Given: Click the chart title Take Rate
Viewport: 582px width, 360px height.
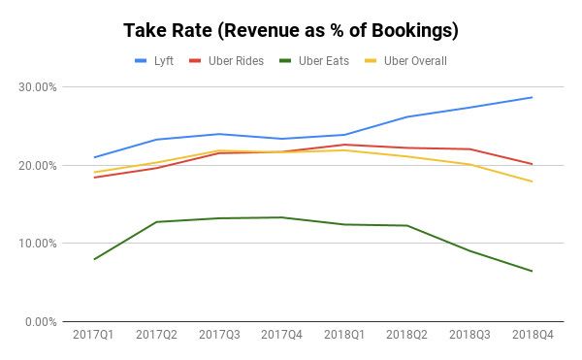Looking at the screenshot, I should point(290,30).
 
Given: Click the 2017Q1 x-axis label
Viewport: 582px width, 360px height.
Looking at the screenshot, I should point(93,336).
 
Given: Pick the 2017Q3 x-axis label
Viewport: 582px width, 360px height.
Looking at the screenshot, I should point(218,336).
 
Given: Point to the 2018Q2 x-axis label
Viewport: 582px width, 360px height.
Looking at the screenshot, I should point(406,336).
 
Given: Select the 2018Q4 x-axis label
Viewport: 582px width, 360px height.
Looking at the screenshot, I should point(532,336).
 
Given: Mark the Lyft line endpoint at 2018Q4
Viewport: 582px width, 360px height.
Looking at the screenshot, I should point(532,97).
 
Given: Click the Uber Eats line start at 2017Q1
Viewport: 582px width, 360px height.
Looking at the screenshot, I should point(93,259).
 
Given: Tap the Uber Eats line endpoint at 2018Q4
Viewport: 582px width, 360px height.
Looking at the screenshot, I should point(532,271).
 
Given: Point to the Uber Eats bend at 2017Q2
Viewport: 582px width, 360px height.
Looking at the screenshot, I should point(156,222).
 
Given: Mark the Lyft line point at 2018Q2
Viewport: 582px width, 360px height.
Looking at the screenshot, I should point(406,116).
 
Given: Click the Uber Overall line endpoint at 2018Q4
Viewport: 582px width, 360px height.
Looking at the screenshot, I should point(532,181).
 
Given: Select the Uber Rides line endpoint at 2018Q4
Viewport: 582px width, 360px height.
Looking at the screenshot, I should point(532,164).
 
